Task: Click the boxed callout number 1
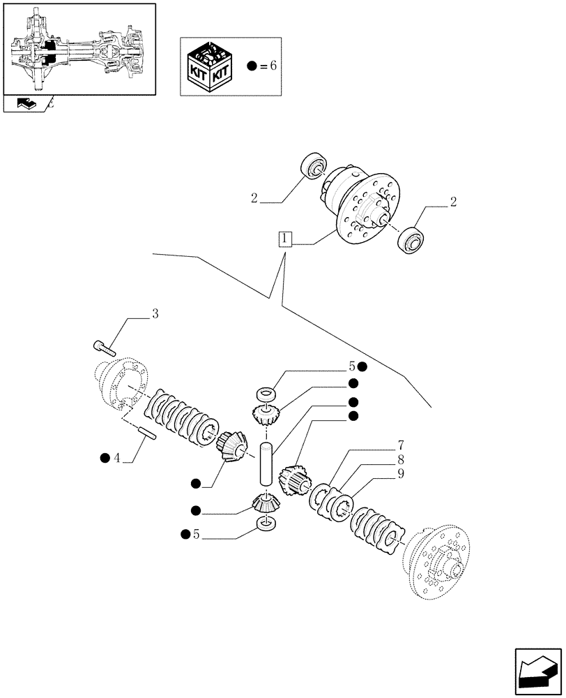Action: tap(284, 239)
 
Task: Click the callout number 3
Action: tap(155, 314)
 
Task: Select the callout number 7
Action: tap(400, 445)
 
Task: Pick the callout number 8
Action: tap(400, 461)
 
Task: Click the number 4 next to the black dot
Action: tap(118, 458)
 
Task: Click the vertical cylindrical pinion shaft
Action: tap(266, 461)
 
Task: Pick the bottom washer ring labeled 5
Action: tap(265, 523)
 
